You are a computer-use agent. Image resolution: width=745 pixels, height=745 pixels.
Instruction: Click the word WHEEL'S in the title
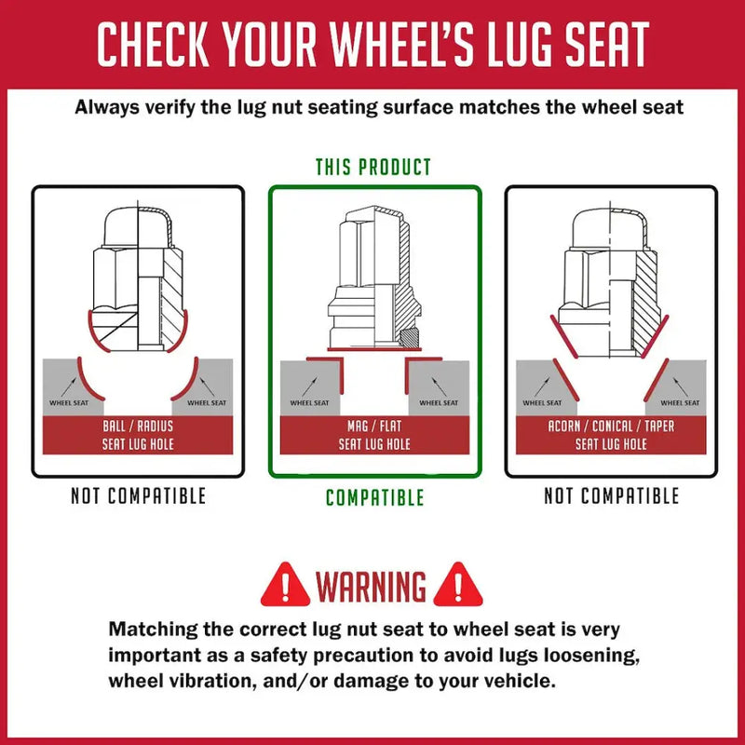pos(402,44)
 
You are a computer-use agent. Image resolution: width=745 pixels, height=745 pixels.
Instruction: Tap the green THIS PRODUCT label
pos(373,168)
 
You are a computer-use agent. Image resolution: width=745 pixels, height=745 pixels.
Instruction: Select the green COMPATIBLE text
pos(375,497)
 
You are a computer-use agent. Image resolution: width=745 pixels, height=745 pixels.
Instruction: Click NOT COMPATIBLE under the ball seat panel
pos(138,496)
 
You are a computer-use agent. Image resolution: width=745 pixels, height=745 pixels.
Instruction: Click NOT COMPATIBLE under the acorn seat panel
pos(612,496)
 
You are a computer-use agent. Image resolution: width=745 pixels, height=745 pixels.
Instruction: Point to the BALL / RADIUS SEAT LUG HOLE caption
pos(138,435)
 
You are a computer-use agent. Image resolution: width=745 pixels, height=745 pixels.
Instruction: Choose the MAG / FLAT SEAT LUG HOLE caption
pos(374,435)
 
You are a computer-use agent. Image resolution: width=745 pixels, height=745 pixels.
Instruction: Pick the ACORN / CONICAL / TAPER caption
pos(611,427)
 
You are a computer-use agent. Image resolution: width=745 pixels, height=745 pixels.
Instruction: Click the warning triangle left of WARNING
pos(285,586)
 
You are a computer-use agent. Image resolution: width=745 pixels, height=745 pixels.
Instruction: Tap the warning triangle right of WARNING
pos(458,586)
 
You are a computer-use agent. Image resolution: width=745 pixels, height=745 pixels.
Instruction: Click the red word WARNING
pos(371,586)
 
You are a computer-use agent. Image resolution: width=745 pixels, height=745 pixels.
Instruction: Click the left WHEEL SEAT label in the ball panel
pos(69,403)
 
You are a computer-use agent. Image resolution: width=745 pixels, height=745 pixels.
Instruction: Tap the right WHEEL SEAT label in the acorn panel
pos(680,403)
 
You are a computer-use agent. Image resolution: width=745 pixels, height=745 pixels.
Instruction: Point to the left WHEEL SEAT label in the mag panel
pos(309,403)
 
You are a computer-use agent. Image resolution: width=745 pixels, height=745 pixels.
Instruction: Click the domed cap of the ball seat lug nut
pos(138,227)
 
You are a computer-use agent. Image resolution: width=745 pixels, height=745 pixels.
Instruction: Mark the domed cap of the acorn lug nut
pos(610,228)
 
